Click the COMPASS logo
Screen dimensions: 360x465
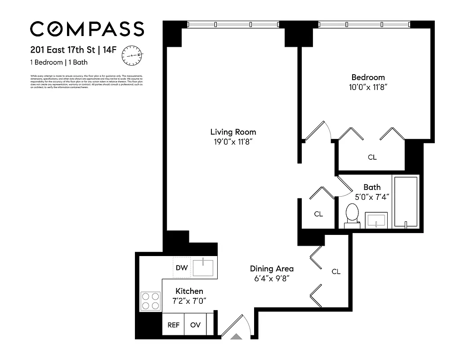coord(87,29)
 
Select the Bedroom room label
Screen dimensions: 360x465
coord(368,77)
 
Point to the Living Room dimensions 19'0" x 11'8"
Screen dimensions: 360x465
coord(233,142)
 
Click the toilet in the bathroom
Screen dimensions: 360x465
coord(352,215)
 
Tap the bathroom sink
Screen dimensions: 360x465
coord(375,220)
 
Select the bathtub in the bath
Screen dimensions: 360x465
coord(406,202)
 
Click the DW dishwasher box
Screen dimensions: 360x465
coord(182,268)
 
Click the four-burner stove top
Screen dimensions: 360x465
coord(151,301)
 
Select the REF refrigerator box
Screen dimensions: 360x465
coord(173,325)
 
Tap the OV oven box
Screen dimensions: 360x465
coord(195,325)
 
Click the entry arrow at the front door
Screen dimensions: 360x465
coord(236,336)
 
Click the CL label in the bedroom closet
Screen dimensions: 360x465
coord(372,157)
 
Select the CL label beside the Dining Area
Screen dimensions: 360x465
coord(336,271)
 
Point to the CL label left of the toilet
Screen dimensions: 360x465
coord(318,214)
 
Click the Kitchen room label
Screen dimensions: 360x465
coord(189,291)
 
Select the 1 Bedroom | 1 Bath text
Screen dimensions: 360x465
coord(59,63)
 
